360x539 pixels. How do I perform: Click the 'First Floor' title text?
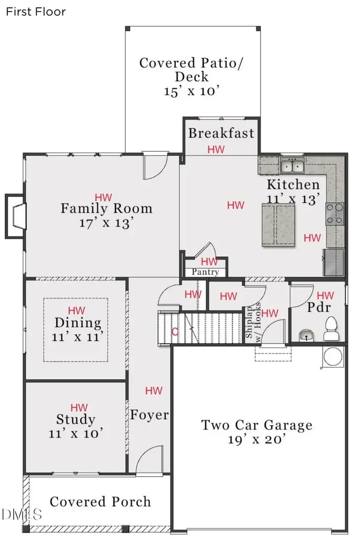(x=36, y=12)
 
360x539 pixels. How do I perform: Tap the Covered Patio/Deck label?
(x=192, y=77)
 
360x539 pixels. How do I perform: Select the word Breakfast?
(x=221, y=133)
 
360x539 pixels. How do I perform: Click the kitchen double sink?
(x=292, y=166)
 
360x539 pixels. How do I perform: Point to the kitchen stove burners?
(x=335, y=214)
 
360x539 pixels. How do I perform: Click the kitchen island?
(x=278, y=225)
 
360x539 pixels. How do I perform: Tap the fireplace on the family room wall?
(x=15, y=216)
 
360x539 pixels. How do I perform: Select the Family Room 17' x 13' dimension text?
(x=106, y=223)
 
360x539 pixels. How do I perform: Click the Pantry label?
(x=205, y=272)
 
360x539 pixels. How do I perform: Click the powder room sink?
(x=306, y=334)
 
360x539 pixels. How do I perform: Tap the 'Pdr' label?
(x=319, y=307)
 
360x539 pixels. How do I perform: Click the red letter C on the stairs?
(x=175, y=332)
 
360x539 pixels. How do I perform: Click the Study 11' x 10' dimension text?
(x=76, y=434)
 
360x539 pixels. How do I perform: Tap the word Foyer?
(x=149, y=415)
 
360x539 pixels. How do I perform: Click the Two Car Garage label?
(x=257, y=432)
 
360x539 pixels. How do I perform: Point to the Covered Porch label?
(x=101, y=502)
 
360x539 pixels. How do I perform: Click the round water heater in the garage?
(x=333, y=356)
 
